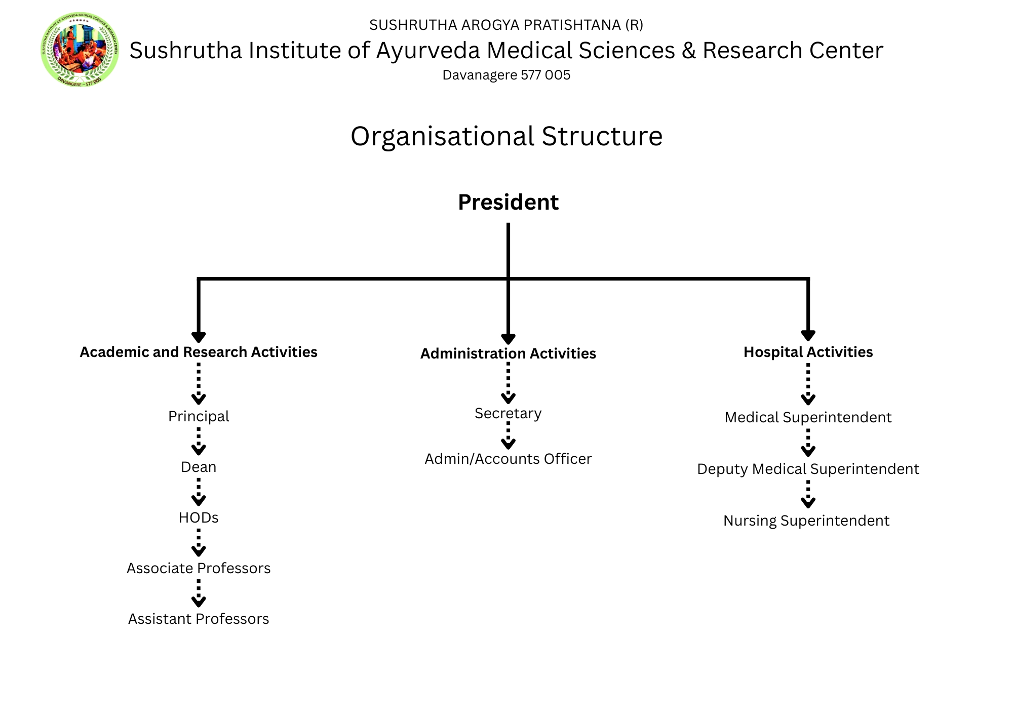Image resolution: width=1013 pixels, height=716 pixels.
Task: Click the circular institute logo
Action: click(80, 49)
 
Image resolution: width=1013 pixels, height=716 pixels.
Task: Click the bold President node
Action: click(508, 202)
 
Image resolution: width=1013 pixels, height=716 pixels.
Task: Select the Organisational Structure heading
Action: click(506, 136)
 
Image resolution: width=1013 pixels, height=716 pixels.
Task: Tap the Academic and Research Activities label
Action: click(199, 352)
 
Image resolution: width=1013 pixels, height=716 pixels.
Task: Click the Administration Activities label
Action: click(508, 353)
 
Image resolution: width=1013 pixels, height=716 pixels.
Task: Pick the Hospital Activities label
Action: click(808, 352)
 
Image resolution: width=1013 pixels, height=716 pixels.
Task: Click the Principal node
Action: click(199, 416)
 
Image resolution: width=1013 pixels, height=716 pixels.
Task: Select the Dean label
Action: click(199, 467)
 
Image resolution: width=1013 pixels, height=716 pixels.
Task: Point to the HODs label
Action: click(199, 518)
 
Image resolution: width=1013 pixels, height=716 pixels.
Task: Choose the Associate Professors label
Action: click(199, 568)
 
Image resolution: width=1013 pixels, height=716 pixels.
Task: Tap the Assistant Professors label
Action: click(199, 619)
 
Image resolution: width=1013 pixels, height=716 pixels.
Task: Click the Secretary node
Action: click(508, 414)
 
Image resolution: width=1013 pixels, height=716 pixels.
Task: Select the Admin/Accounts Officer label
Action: click(508, 459)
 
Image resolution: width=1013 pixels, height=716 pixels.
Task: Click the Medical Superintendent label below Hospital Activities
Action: click(808, 417)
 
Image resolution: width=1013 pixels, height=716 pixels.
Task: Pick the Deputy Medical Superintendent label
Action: click(808, 469)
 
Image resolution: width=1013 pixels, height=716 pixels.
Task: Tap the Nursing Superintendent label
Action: click(806, 521)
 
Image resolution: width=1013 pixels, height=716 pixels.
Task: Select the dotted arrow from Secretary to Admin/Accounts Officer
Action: click(508, 436)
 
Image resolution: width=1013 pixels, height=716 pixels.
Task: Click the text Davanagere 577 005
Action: click(506, 75)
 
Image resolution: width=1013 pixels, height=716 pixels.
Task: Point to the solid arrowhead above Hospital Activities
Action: click(808, 335)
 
